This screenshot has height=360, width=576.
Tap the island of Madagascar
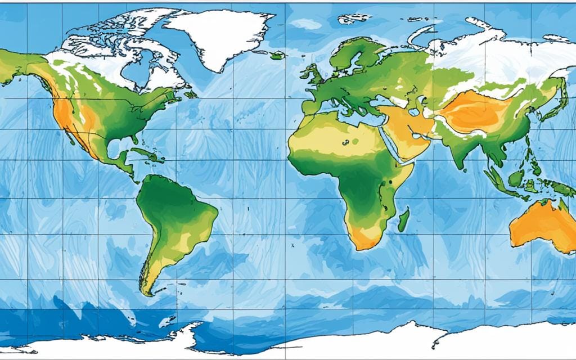click(x=403, y=220)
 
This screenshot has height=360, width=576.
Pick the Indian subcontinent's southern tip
click(x=463, y=166)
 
